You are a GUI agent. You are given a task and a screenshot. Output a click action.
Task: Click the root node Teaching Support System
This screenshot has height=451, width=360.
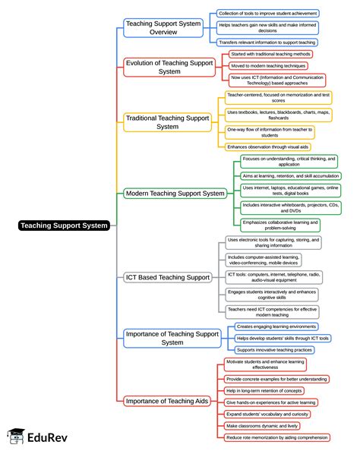(65, 225)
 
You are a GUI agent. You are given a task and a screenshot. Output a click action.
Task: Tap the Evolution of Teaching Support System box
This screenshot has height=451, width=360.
(169, 66)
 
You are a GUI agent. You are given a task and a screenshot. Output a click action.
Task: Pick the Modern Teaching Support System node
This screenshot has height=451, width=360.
(175, 193)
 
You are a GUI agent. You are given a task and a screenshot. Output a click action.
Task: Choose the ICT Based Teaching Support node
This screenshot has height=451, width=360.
(168, 277)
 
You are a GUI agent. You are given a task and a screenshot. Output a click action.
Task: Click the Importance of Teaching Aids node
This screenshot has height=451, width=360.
(168, 400)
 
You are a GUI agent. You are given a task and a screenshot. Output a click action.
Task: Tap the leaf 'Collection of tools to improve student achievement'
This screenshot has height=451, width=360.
(267, 13)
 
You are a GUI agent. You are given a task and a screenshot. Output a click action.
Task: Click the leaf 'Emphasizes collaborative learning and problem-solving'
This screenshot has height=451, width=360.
(280, 225)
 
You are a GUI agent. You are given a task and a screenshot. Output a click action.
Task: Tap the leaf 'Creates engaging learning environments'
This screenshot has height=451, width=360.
(276, 326)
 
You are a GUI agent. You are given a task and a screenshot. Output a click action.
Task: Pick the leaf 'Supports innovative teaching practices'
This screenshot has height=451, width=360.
(274, 349)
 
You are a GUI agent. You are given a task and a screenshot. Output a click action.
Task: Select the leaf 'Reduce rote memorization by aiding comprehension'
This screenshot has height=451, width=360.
(277, 437)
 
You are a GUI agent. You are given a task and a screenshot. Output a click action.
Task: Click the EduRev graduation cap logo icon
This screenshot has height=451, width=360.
(14, 437)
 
